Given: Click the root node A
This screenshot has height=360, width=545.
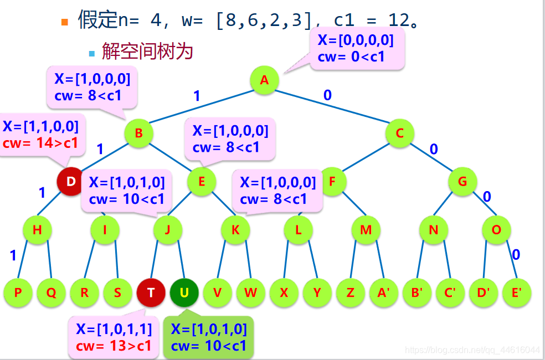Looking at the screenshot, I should [x=264, y=80].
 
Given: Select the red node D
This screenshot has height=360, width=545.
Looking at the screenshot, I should [x=71, y=181].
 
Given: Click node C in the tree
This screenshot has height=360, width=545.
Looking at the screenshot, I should [x=400, y=133].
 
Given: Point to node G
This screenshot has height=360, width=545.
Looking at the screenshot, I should [x=462, y=181].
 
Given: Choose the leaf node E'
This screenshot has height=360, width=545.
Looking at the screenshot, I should [x=516, y=292].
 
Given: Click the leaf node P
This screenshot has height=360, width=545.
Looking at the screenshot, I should [x=18, y=292].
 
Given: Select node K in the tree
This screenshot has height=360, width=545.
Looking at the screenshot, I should [x=235, y=229].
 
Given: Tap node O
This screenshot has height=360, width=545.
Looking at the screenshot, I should [x=496, y=229].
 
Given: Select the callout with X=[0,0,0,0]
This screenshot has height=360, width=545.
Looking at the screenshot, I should [x=357, y=48].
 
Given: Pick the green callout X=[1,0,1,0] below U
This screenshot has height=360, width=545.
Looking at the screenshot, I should [x=209, y=338].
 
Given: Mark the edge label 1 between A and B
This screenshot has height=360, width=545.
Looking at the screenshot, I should [x=197, y=96].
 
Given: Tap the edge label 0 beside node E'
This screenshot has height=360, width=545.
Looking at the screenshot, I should [x=516, y=255].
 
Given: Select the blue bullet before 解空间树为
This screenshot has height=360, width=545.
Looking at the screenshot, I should [x=92, y=53].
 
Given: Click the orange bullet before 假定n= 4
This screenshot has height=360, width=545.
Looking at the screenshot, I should [x=65, y=22].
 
